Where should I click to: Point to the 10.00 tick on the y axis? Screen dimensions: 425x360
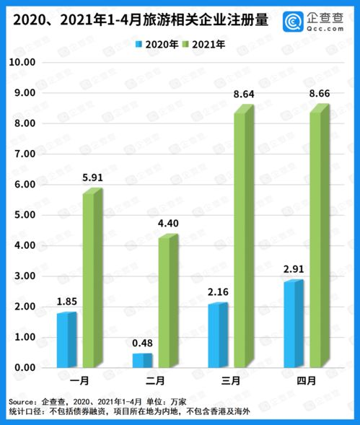coord(22,63)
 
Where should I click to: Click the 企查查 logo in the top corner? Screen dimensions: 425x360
coord(316,19)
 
